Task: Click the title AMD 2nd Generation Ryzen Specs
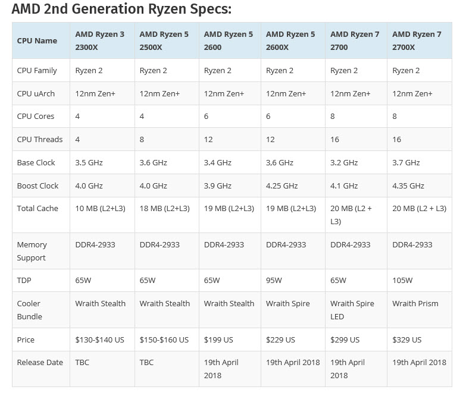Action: click(x=121, y=10)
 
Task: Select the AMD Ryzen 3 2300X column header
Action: click(x=99, y=40)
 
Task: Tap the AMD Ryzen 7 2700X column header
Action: click(x=417, y=40)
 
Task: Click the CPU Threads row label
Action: click(x=39, y=139)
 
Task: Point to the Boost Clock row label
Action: click(x=37, y=186)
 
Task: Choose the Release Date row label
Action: click(x=38, y=362)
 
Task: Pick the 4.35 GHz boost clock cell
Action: click(x=408, y=186)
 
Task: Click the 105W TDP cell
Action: click(x=403, y=280)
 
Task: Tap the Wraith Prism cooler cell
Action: click(x=415, y=303)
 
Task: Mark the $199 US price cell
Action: click(x=218, y=340)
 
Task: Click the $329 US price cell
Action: click(x=406, y=340)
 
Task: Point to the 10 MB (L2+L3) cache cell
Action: click(x=100, y=208)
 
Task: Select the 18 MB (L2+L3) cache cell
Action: click(x=164, y=208)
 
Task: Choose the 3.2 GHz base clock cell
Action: click(x=344, y=162)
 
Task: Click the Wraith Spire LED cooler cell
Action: click(x=352, y=309)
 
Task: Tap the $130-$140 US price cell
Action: click(x=99, y=340)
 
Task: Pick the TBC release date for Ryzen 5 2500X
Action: click(x=147, y=362)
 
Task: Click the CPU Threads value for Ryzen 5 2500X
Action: click(x=142, y=139)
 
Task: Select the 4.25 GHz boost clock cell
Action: click(x=282, y=186)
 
